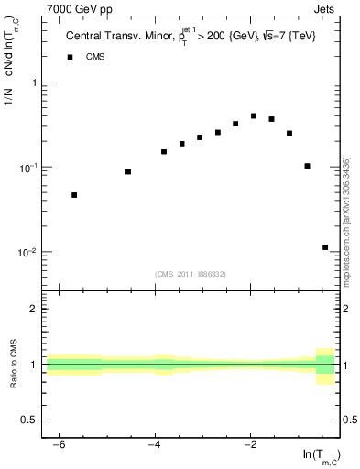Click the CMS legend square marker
point(69,57)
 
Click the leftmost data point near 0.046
point(74,195)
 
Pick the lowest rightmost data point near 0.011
point(325,247)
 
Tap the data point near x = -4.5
point(128,171)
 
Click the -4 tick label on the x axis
point(154,444)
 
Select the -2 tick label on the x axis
point(249,444)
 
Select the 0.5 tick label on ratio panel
point(30,420)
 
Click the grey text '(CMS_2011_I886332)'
point(191,273)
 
